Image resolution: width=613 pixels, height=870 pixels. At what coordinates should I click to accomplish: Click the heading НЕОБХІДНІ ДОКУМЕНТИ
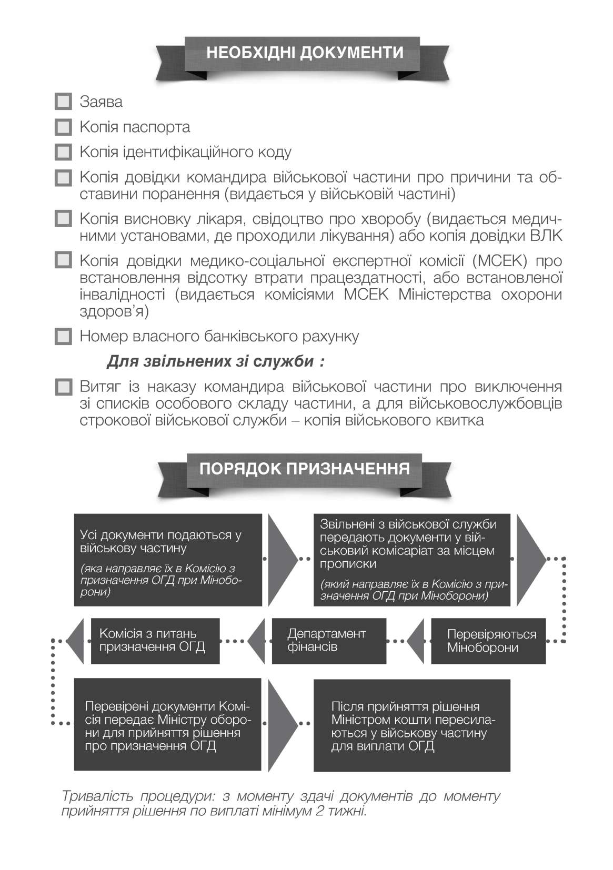click(x=305, y=53)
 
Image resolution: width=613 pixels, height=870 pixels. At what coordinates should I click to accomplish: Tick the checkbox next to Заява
click(x=63, y=102)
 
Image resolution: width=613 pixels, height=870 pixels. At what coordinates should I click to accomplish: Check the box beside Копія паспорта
click(x=63, y=127)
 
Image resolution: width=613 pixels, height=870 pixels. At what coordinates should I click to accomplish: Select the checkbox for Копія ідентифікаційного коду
click(x=63, y=153)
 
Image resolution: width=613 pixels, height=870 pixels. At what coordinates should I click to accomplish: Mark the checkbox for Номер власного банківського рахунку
click(x=63, y=337)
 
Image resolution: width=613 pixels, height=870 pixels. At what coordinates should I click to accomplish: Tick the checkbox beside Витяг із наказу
click(x=63, y=388)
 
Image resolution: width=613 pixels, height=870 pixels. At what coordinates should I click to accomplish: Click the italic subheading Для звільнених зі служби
click(x=215, y=362)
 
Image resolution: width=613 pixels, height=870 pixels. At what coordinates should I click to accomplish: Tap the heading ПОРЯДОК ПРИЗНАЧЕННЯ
click(x=305, y=469)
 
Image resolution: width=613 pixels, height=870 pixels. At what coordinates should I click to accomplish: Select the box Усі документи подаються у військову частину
click(x=167, y=560)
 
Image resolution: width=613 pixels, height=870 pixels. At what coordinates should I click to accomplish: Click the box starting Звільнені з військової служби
click(x=411, y=560)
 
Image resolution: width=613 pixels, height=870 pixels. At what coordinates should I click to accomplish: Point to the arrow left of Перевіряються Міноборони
click(x=416, y=640)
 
